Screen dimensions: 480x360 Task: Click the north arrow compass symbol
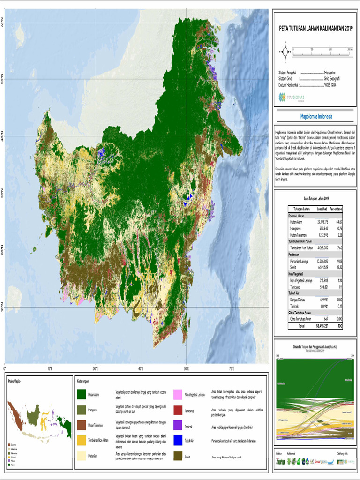coord(285,52)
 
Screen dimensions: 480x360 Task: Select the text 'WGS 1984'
coord(330,85)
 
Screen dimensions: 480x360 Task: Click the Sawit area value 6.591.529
coord(321,267)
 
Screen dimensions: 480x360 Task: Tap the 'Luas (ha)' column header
coord(321,209)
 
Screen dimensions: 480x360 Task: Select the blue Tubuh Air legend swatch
coord(178,441)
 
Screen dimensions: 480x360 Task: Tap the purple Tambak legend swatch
coord(178,426)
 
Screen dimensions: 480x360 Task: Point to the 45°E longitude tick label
coord(141,368)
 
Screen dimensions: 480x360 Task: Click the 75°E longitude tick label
coord(232,368)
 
